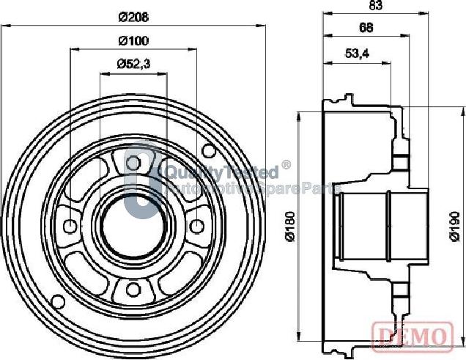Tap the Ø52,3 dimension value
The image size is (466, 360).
pos(132,65)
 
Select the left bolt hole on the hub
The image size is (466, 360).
pos(72,224)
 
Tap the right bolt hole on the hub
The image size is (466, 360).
pos(196,224)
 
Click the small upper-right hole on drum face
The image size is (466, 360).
pos(208,152)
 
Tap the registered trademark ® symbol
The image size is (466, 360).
pos(286,166)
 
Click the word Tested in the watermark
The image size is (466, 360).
pos(254,173)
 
